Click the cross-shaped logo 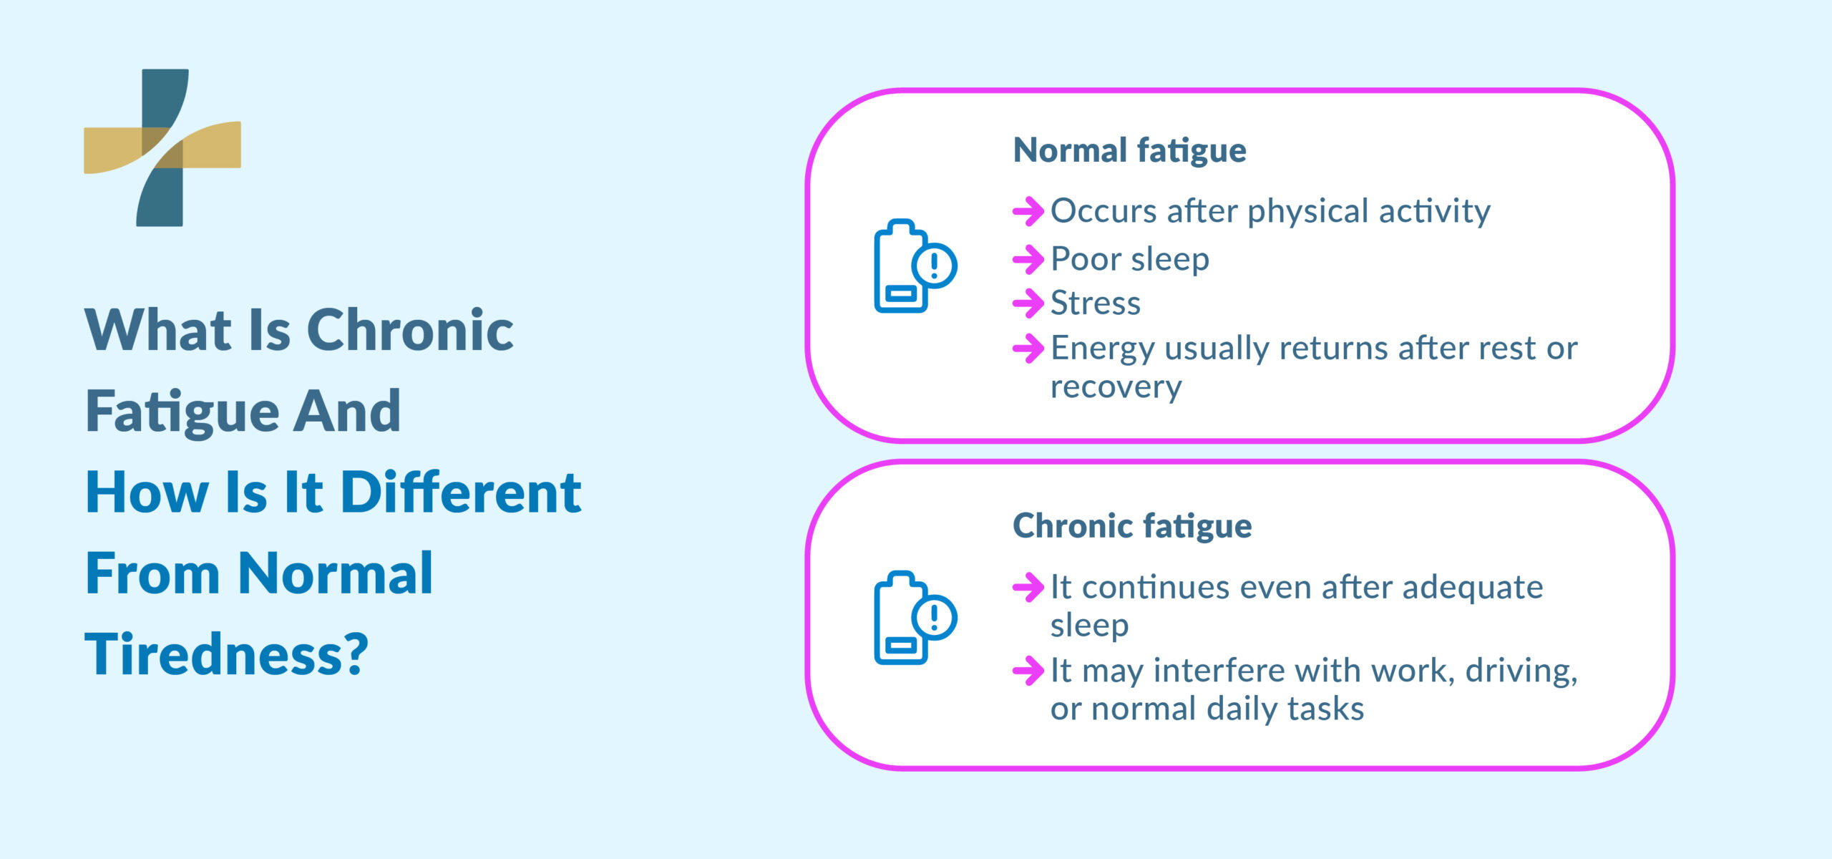[x=162, y=147]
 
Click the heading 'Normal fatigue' [x=1129, y=150]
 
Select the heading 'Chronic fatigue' [x=1132, y=525]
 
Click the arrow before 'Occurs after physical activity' [x=1028, y=211]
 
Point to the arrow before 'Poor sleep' [x=1028, y=259]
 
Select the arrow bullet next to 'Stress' [x=1028, y=304]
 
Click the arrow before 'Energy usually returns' [x=1028, y=349]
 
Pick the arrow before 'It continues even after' [x=1028, y=588]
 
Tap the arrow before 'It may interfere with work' [x=1028, y=671]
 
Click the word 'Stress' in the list [x=1095, y=304]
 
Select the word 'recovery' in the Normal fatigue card [x=1116, y=387]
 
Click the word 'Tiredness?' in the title [x=226, y=654]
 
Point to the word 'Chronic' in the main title [x=409, y=330]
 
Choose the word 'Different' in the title [x=460, y=492]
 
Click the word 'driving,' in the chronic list [x=1521, y=671]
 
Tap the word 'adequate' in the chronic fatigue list [x=1472, y=588]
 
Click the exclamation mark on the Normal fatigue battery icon [x=934, y=266]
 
